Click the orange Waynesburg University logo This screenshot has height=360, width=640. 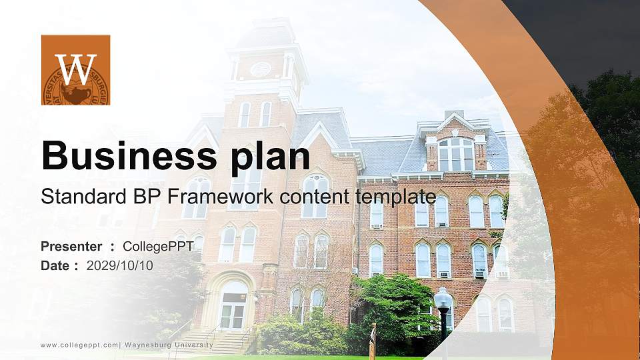coord(75,70)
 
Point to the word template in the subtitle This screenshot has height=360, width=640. coord(396,197)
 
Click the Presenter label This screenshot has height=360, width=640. coord(71,247)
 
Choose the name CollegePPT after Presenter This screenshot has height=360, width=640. coord(158,247)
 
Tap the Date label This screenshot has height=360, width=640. coord(55,265)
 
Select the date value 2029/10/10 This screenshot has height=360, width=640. coord(120,265)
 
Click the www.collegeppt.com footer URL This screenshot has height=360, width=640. coord(79,345)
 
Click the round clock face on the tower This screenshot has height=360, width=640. coord(260,68)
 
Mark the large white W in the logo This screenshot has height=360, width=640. coord(75,67)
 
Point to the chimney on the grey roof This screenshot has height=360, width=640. coord(453,115)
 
